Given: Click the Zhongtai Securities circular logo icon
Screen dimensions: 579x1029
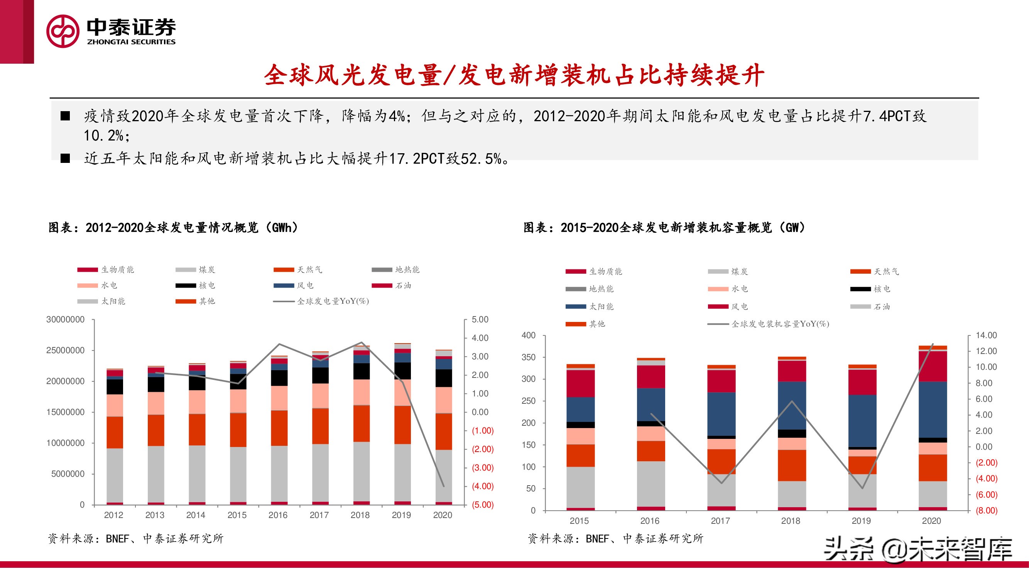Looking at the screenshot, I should (x=63, y=31).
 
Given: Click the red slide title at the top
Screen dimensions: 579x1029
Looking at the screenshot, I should (x=514, y=75).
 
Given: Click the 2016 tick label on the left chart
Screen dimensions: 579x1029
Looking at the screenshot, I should (x=278, y=515).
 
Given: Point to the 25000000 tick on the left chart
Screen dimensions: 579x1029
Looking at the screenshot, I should (x=66, y=350).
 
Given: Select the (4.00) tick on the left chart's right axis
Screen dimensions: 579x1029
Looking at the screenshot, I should (x=483, y=486).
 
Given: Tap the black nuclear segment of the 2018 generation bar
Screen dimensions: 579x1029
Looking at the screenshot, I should (x=362, y=371).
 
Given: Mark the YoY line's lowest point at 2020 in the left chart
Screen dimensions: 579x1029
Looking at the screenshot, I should (x=443, y=486).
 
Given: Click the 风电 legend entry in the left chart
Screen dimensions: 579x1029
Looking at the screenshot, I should (x=305, y=285).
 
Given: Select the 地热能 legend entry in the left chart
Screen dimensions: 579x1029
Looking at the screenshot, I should (x=407, y=270).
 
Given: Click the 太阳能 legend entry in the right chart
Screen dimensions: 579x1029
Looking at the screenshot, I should (x=601, y=306).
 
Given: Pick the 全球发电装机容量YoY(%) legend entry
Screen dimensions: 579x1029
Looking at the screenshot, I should (x=780, y=324).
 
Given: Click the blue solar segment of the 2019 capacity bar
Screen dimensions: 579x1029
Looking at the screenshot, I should (x=862, y=420).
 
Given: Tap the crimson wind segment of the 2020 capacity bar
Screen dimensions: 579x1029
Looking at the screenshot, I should (x=932, y=366).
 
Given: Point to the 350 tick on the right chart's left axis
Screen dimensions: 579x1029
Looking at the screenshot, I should (x=528, y=357).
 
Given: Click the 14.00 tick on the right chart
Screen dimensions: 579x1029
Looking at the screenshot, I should (x=986, y=335).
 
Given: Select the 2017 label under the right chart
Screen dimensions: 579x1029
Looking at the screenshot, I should (x=720, y=521).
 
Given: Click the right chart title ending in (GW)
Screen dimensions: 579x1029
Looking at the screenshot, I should (x=664, y=228).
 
